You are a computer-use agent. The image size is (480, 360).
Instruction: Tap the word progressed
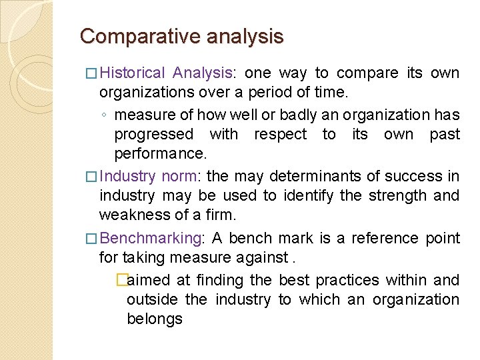pyautogui.click(x=153, y=134)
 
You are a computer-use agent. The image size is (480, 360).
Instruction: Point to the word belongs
pyautogui.click(x=155, y=319)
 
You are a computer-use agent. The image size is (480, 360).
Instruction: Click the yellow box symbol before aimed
pyautogui.click(x=121, y=280)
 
